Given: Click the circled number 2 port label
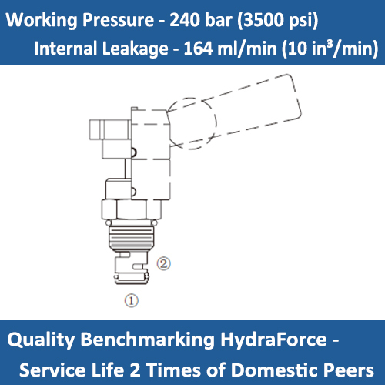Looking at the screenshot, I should (163, 263).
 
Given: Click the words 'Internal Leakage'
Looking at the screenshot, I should (97, 49).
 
